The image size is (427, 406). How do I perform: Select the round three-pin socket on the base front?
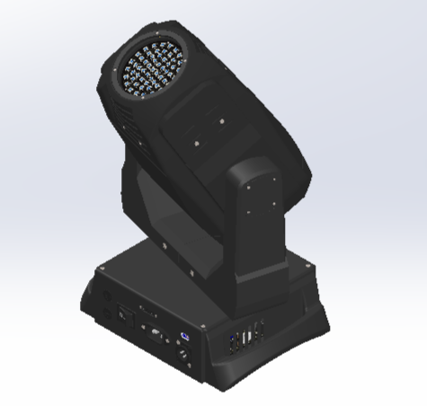click(x=185, y=355)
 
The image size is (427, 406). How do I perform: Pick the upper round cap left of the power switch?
click(x=101, y=297)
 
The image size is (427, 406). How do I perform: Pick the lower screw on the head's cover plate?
click(x=195, y=141)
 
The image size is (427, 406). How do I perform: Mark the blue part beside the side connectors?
click(x=235, y=340)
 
